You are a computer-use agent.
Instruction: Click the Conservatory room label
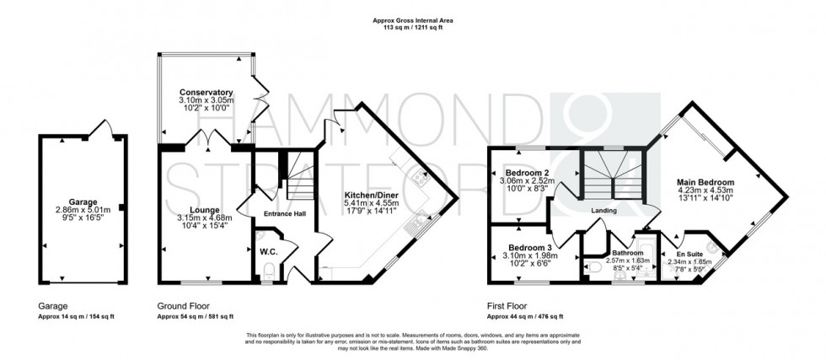(206, 92)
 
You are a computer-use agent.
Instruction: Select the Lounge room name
(205, 210)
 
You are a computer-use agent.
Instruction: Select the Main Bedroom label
(705, 181)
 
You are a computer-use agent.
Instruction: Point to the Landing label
(603, 211)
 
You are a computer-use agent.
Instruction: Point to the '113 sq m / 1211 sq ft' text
(412, 27)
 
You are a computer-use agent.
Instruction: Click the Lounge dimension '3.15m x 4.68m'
(205, 219)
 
